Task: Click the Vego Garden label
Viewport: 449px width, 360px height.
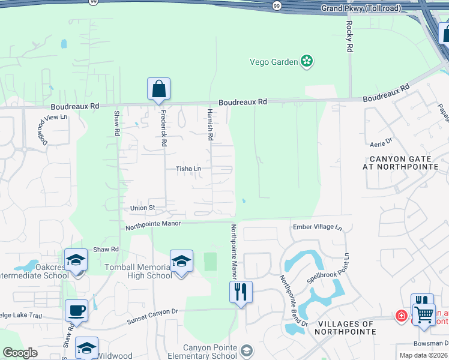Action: (x=273, y=61)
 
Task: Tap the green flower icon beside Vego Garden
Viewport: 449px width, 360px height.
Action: (x=307, y=61)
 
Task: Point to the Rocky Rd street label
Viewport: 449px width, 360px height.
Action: (x=349, y=37)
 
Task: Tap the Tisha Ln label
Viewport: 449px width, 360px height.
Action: (x=188, y=169)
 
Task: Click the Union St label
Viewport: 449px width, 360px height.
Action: (x=143, y=208)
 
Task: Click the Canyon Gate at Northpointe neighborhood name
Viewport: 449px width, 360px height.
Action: (x=402, y=162)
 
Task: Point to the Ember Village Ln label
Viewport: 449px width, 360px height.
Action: (x=317, y=227)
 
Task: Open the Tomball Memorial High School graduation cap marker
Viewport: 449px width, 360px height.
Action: (x=181, y=261)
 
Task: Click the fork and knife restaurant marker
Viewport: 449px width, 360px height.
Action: (x=241, y=292)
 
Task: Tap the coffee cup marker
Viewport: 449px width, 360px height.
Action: (x=77, y=311)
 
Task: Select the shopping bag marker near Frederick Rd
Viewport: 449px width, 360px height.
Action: (x=159, y=89)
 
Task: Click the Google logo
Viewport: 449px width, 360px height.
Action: (x=20, y=353)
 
